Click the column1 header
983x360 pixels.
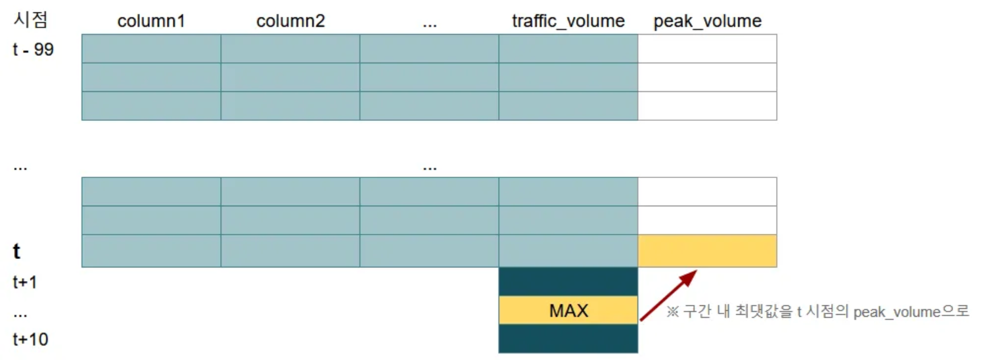151,21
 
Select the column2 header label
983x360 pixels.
290,21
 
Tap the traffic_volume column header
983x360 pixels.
568,21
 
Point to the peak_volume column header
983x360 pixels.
708,22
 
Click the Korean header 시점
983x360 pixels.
30,20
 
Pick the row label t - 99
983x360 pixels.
34,49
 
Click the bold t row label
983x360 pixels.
16,251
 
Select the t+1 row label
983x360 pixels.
25,282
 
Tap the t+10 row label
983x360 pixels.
30,340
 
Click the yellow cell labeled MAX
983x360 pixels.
568,311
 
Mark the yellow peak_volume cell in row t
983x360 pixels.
708,251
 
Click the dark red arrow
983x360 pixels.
668,296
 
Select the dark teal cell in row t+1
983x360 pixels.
568,282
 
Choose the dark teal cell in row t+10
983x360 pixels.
568,338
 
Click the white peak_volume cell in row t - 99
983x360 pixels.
708,49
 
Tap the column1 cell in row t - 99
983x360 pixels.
151,49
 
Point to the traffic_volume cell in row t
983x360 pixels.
568,251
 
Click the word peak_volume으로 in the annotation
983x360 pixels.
911,312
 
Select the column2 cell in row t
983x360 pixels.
290,251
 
